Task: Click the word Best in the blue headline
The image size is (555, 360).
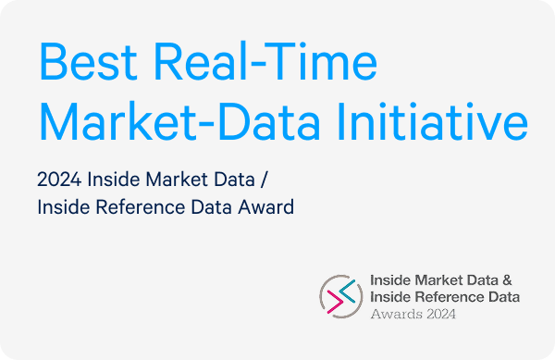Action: click(89, 62)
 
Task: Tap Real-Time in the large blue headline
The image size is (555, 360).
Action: click(265, 61)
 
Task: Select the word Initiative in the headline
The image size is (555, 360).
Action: click(433, 121)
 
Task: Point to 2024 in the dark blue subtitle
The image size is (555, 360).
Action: click(59, 180)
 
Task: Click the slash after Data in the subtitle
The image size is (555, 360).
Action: click(264, 180)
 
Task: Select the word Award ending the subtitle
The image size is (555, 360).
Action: click(265, 207)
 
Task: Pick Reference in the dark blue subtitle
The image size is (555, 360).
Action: click(141, 207)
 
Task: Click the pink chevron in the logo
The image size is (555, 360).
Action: click(335, 302)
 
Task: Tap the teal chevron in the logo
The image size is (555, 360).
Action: click(348, 291)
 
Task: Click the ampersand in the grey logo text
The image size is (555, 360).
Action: click(507, 280)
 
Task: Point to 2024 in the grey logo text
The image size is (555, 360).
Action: click(441, 314)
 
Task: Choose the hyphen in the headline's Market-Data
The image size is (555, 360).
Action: click(205, 125)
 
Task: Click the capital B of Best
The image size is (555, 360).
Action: click(54, 62)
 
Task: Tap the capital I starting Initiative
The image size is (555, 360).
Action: click(339, 121)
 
